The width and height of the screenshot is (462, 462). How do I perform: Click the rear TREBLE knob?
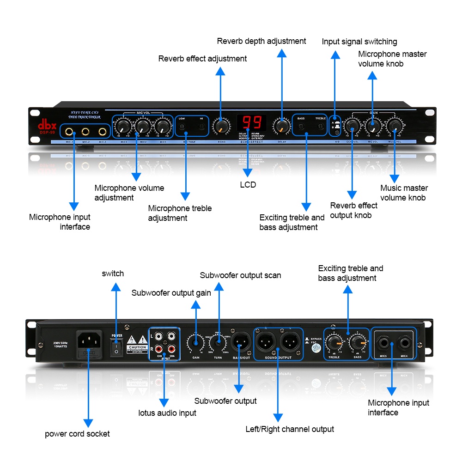[333, 343]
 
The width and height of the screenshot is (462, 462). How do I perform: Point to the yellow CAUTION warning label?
[137, 343]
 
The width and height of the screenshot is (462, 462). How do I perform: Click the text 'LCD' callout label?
[248, 185]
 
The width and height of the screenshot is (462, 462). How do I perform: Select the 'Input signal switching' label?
[359, 42]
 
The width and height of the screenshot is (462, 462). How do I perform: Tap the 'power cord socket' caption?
[77, 434]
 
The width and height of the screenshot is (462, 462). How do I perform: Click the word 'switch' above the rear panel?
[113, 274]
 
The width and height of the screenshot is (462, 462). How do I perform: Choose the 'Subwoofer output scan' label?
[240, 275]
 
